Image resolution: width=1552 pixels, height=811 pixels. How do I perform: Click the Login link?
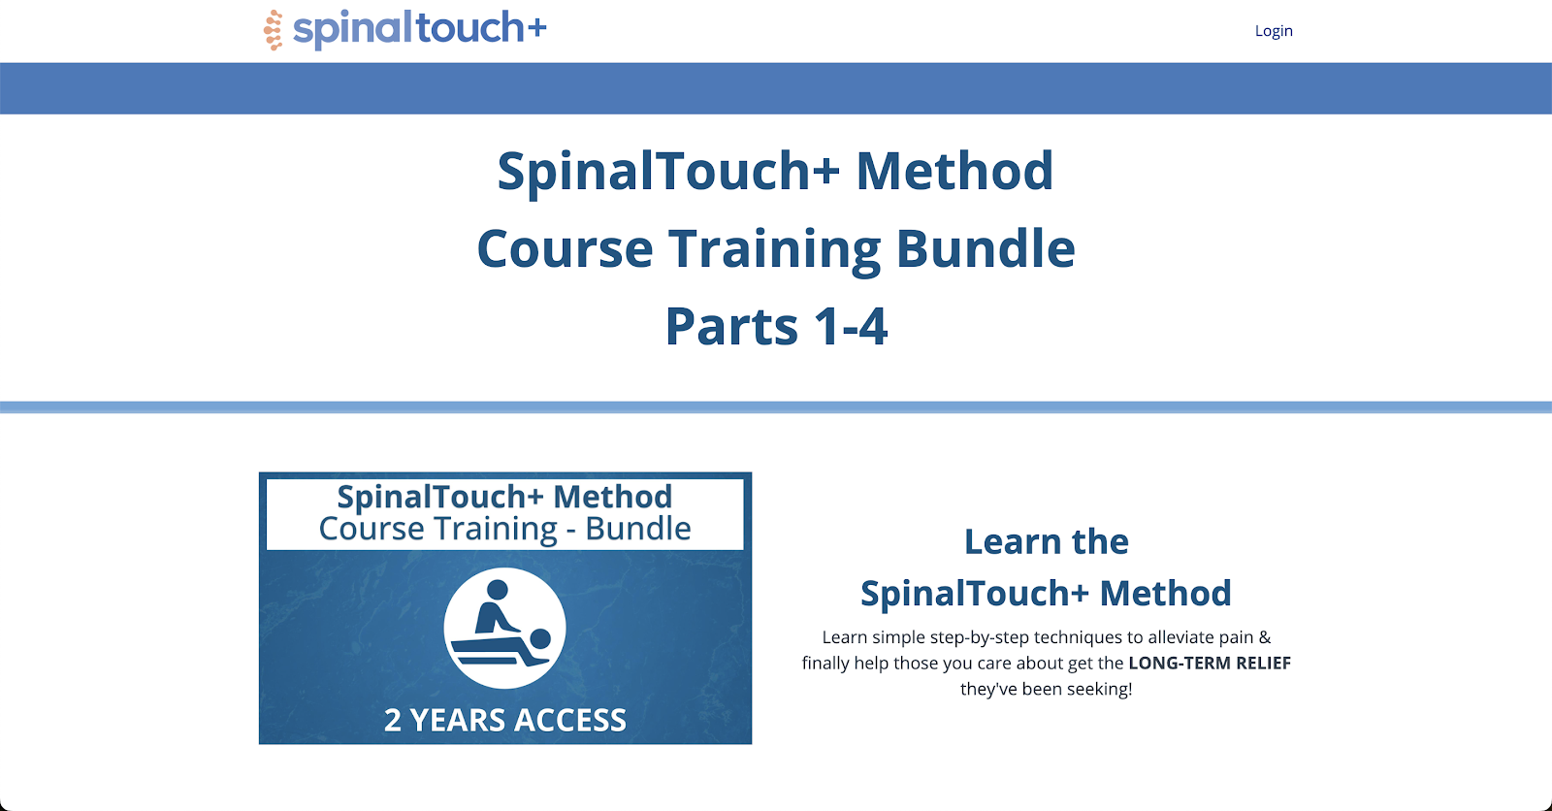pyautogui.click(x=1273, y=31)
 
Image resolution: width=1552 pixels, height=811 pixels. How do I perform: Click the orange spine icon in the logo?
pyautogui.click(x=274, y=30)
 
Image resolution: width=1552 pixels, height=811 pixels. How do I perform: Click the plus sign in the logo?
pyautogui.click(x=536, y=28)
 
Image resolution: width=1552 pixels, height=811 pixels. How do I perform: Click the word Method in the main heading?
pyautogui.click(x=954, y=171)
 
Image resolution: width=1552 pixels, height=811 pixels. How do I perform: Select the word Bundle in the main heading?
pyautogui.click(x=986, y=248)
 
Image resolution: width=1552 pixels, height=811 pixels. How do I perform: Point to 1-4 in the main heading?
pyautogui.click(x=851, y=327)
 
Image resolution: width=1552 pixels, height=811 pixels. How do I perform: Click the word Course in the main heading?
pyautogui.click(x=565, y=248)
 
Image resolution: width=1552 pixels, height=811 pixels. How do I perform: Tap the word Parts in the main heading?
pyautogui.click(x=731, y=327)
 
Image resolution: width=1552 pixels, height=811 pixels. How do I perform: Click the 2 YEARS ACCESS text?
pyautogui.click(x=504, y=720)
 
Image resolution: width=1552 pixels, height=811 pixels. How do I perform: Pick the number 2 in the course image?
pyautogui.click(x=393, y=721)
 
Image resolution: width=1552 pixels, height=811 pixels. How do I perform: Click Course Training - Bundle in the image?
pyautogui.click(x=504, y=529)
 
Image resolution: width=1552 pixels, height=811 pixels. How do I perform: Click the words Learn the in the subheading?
pyautogui.click(x=1046, y=541)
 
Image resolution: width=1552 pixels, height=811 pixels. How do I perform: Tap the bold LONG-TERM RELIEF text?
pyautogui.click(x=1209, y=664)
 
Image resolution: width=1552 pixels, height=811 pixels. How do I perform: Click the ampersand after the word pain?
pyautogui.click(x=1264, y=637)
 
